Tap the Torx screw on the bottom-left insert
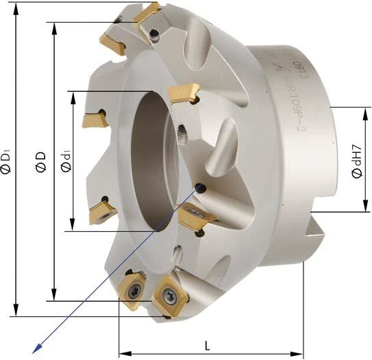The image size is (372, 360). click(133, 289)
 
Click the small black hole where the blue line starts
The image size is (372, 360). click(201, 187)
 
